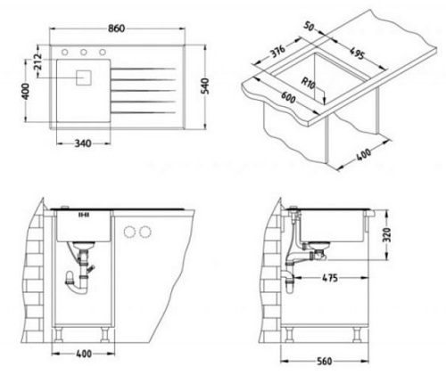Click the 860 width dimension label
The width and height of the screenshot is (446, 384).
116,29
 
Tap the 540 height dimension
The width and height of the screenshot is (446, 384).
205,86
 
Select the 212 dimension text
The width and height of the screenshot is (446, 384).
37,62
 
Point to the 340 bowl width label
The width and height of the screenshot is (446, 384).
83,143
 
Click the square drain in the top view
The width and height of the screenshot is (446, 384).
84,78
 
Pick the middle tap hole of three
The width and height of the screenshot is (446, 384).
84,53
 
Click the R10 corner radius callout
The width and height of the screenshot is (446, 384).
308,83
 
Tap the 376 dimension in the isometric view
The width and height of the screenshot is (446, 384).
277,51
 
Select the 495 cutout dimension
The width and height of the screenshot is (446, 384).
357,53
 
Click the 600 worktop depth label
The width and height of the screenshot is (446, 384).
288,97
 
